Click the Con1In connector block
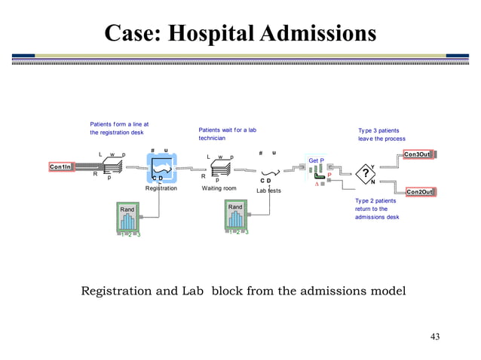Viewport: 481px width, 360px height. click(x=62, y=166)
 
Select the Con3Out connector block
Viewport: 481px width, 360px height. click(x=418, y=154)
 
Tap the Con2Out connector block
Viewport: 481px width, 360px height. click(x=419, y=192)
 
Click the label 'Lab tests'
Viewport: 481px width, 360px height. click(x=268, y=191)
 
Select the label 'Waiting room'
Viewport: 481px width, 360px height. click(x=219, y=188)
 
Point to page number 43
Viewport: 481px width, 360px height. click(x=434, y=336)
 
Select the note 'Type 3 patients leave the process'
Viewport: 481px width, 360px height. click(x=381, y=135)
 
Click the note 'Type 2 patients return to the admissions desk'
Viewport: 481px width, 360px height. click(x=376, y=209)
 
